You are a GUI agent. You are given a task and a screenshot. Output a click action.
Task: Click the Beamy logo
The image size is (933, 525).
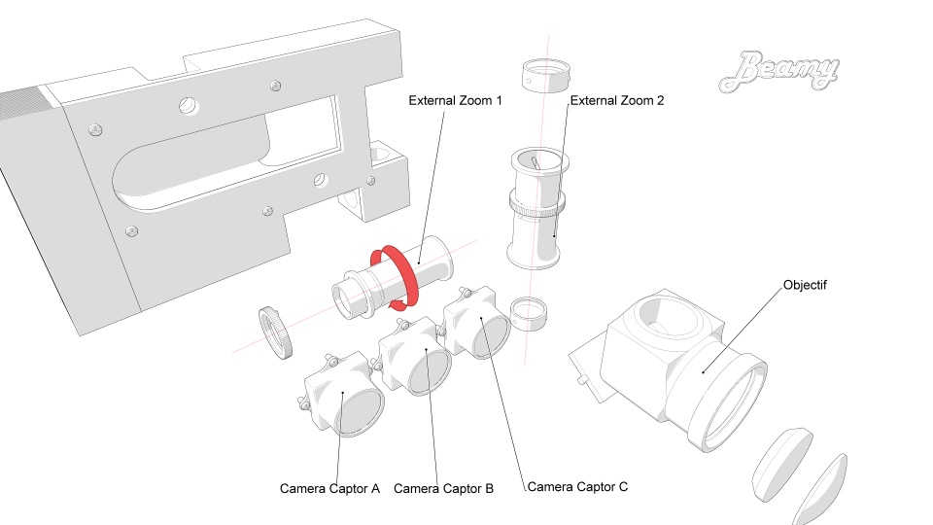(x=780, y=72)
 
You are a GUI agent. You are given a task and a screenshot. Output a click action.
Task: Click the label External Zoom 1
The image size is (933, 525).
(x=455, y=100)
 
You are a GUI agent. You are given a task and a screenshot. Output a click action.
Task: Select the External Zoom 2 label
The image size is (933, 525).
(x=616, y=100)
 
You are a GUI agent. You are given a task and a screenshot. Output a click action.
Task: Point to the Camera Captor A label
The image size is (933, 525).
(x=329, y=488)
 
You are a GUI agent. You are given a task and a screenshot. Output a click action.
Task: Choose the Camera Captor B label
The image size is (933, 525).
(x=443, y=488)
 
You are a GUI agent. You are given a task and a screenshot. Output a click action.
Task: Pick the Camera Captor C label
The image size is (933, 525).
(x=576, y=485)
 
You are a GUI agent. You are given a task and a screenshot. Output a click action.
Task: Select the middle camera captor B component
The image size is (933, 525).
(x=416, y=360)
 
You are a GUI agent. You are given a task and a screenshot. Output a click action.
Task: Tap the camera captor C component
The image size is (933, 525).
(x=478, y=327)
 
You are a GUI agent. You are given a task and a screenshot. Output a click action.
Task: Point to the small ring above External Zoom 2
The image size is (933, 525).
(x=545, y=76)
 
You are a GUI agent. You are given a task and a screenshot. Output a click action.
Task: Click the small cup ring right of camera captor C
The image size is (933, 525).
(x=530, y=312)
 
